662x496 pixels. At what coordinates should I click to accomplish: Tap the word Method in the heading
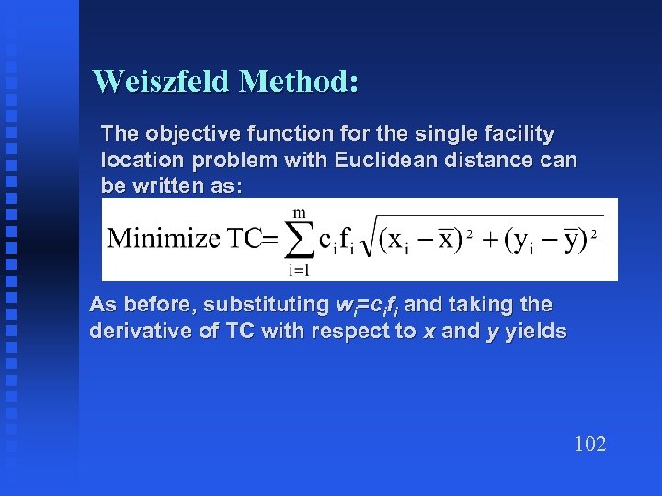click(x=298, y=82)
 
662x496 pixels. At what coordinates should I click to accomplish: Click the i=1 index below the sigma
click(x=299, y=269)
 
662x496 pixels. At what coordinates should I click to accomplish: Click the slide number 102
click(x=589, y=445)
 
